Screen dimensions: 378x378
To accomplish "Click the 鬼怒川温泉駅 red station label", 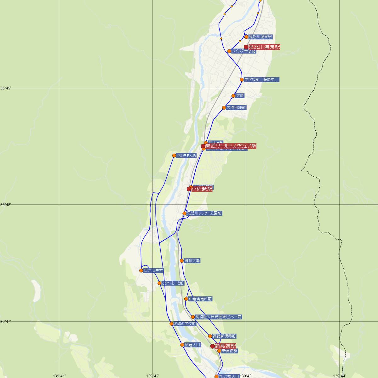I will tap(264, 47).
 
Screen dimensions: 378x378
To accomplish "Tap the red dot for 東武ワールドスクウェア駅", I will tap(203, 146).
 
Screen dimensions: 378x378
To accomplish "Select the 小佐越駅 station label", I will tap(202, 189).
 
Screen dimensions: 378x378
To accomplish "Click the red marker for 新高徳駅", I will tap(213, 346).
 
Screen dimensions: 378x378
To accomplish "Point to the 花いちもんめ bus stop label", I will tap(186, 156).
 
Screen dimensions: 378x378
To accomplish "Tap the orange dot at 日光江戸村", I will tap(141, 270).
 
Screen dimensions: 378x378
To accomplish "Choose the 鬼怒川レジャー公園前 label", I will tap(204, 213).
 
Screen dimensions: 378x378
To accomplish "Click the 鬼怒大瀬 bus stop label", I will tap(192, 261).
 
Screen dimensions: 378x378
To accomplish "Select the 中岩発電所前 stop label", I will tap(200, 299).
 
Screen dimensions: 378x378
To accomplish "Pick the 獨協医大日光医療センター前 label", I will tap(218, 317).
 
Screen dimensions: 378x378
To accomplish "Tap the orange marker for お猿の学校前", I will tap(171, 324).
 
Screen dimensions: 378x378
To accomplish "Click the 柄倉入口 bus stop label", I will tap(192, 345).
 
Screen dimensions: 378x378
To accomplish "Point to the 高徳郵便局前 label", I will tap(224, 336).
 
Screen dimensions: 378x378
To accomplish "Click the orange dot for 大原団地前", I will tap(224, 108).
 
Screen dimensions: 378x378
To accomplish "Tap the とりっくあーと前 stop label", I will tap(173, 283).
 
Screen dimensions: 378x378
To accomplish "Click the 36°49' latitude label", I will tap(5, 88).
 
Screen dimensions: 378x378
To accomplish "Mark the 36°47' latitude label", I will tap(5, 321).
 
